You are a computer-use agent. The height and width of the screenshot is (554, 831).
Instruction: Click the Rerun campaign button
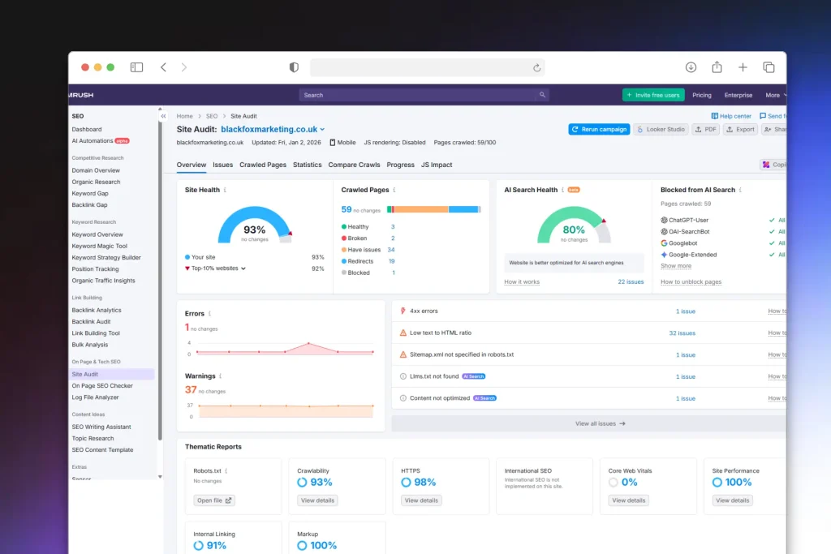(x=599, y=129)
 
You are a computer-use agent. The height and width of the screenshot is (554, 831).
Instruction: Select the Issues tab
(x=222, y=165)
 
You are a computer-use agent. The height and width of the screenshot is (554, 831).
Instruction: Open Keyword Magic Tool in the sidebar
(x=99, y=246)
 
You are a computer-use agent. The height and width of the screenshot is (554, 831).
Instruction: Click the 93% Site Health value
(x=254, y=230)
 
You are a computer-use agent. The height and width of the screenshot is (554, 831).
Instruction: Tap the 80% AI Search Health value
(x=574, y=230)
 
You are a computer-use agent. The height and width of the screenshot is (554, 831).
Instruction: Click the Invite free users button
(x=653, y=95)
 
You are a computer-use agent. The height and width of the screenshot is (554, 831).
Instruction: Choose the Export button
(x=740, y=129)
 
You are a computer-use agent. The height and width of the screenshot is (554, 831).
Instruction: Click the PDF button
(x=706, y=129)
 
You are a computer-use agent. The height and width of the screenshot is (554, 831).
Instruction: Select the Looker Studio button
(x=661, y=129)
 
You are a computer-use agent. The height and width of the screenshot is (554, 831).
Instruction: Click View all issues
(x=600, y=423)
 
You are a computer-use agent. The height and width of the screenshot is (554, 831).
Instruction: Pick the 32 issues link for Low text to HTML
(x=682, y=333)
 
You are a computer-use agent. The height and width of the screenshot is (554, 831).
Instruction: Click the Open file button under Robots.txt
(x=214, y=500)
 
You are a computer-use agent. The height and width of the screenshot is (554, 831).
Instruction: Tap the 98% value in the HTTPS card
(x=424, y=482)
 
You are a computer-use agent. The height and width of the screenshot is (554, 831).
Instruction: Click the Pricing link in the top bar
(x=701, y=95)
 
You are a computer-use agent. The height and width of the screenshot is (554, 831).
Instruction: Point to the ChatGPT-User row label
(x=688, y=220)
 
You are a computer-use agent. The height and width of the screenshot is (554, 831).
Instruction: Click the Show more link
(x=676, y=266)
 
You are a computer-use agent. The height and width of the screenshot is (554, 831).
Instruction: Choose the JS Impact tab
(x=437, y=165)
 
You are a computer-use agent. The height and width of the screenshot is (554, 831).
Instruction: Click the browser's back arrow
(x=163, y=67)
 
